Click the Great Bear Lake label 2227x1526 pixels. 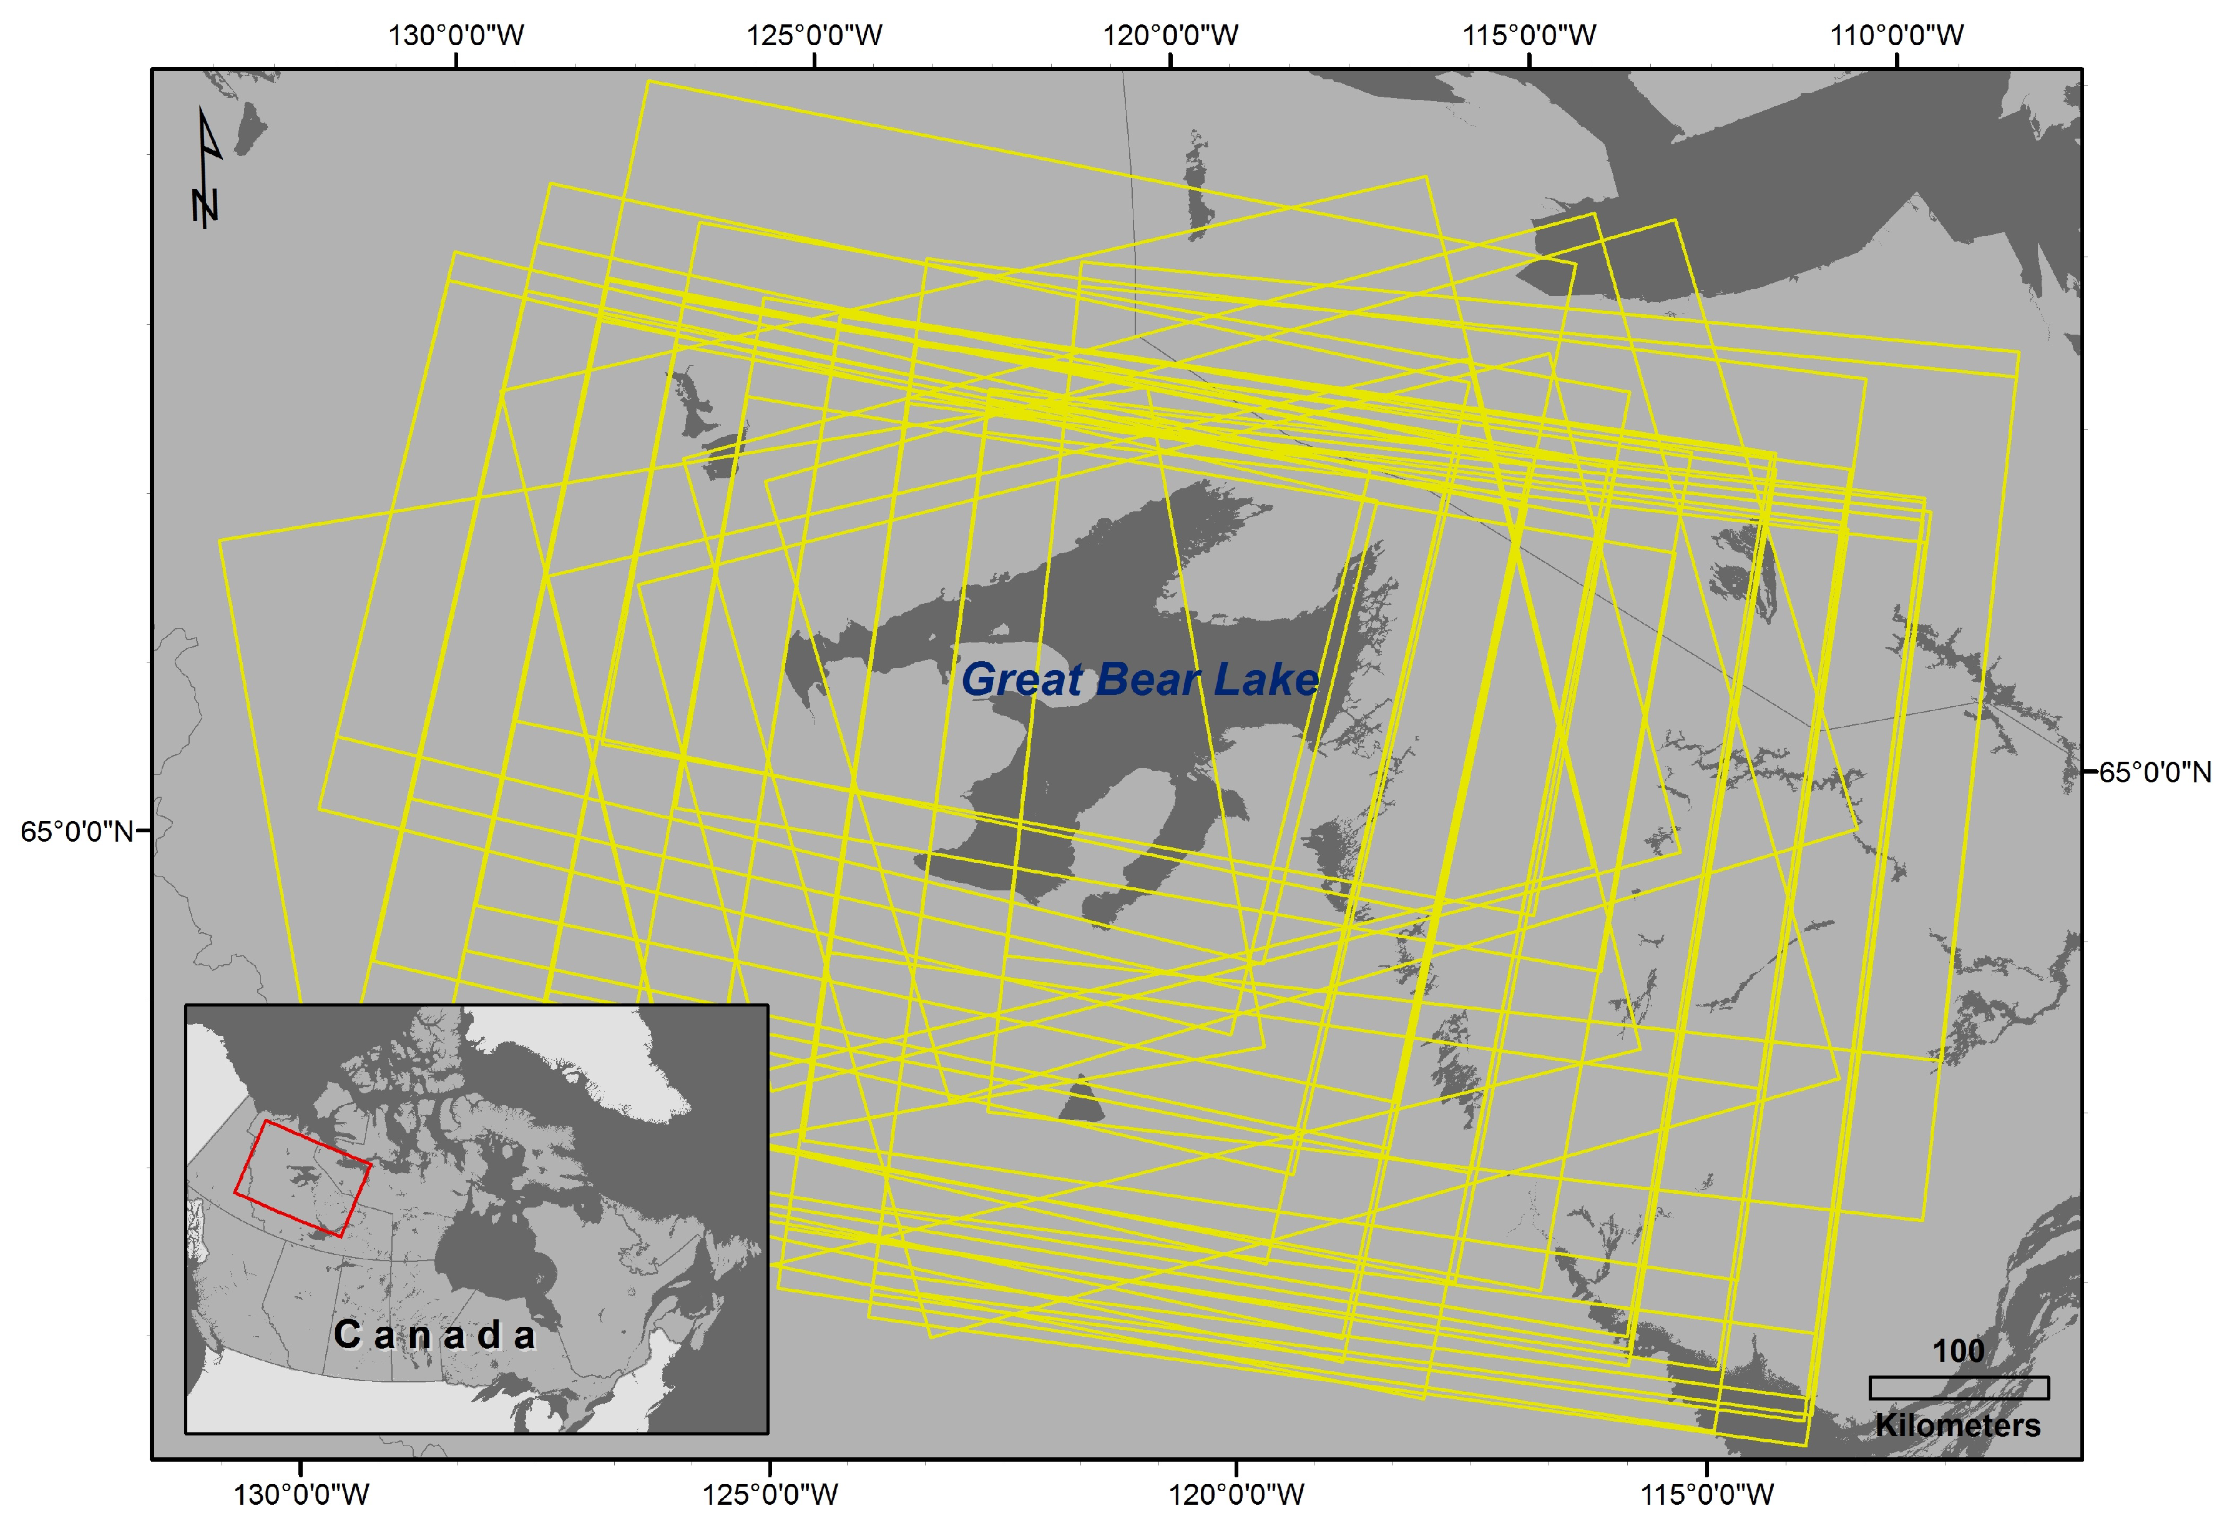pos(1139,679)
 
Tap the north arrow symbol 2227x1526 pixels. pos(207,169)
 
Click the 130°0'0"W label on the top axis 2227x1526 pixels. pos(456,36)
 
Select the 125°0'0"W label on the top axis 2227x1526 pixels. pos(815,36)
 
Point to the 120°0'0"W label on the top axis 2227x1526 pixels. pos(1170,36)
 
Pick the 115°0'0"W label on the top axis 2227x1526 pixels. pos(1529,36)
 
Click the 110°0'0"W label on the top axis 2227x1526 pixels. pos(1897,36)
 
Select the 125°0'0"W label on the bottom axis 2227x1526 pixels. pos(770,1494)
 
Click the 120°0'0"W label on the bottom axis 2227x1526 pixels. pos(1236,1494)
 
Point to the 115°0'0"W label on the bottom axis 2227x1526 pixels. pos(1706,1494)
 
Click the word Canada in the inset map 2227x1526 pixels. pos(434,1335)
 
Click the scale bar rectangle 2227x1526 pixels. pos(1959,1388)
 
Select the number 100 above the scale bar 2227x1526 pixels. pos(1958,1352)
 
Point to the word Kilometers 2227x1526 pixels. pos(1958,1425)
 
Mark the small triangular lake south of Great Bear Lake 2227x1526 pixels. pos(1082,1102)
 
